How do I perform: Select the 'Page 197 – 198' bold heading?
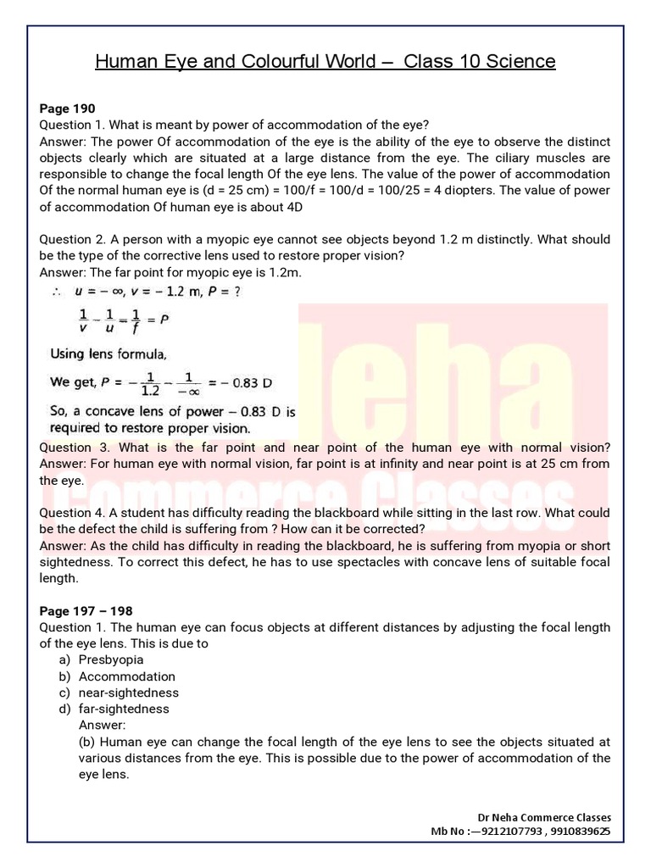point(86,610)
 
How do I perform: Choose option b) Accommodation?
point(126,676)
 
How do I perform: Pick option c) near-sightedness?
point(128,693)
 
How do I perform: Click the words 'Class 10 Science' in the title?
point(479,61)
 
